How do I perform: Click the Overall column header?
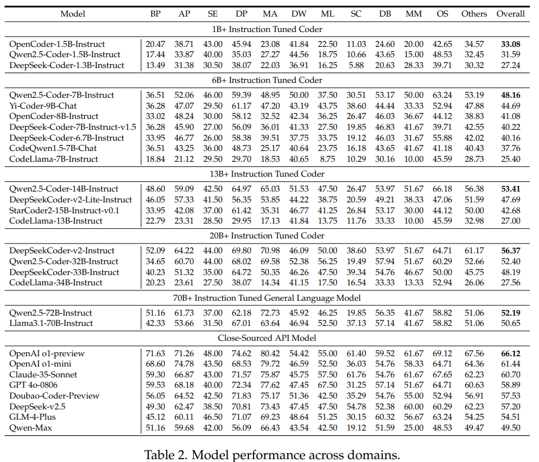510,14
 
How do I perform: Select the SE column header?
213,14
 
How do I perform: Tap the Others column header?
474,14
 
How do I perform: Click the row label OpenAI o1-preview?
47,353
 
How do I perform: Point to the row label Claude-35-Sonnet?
43,375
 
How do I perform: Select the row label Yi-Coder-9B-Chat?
43,106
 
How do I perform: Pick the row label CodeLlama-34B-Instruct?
56,282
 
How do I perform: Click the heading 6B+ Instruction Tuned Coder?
267,80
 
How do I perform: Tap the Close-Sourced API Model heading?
267,338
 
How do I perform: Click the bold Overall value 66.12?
510,353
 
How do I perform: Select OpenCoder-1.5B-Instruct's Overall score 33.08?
510,44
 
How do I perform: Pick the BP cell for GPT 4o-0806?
156,385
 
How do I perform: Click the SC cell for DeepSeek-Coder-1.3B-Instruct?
356,65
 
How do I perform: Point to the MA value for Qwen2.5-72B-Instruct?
270,313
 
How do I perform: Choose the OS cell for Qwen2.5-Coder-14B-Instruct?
442,189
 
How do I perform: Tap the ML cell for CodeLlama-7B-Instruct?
328,159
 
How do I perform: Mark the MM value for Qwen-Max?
414,428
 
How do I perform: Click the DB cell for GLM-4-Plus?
385,417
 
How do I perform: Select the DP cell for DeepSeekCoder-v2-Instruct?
241,251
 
